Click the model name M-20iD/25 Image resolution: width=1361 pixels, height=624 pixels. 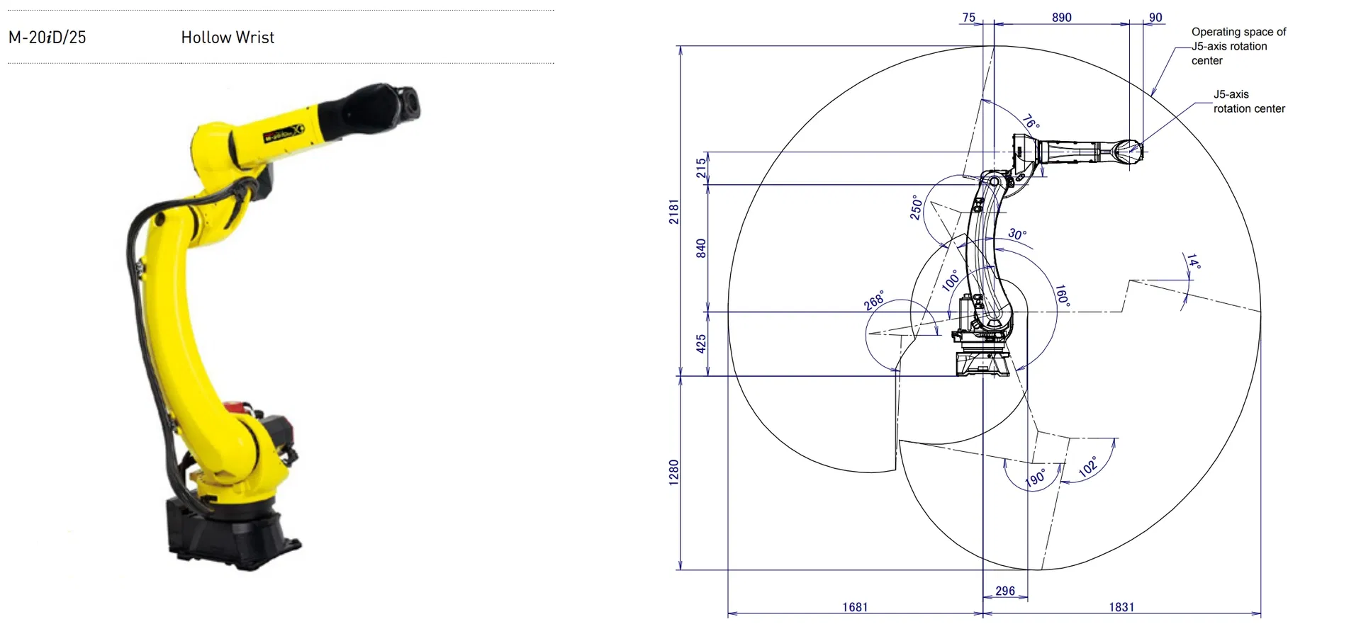(x=47, y=38)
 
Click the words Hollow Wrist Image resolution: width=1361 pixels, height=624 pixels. (x=228, y=38)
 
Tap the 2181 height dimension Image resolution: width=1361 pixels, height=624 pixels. (x=673, y=212)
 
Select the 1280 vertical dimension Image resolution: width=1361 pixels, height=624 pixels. (x=673, y=472)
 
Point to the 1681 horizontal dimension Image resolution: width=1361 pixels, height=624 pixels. (x=855, y=607)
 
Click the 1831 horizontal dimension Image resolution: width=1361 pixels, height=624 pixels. (x=1121, y=607)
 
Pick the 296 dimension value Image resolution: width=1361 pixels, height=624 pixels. (x=1005, y=591)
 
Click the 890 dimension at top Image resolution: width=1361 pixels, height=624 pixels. (x=1061, y=17)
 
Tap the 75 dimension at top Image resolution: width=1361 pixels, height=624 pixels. (x=969, y=17)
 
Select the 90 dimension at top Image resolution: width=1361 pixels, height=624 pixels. (x=1155, y=17)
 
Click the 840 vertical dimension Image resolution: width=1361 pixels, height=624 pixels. (x=701, y=249)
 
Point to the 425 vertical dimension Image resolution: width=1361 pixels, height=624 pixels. (x=701, y=344)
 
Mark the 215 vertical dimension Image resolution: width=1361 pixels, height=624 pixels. (x=701, y=168)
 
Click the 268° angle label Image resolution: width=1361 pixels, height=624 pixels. (x=874, y=300)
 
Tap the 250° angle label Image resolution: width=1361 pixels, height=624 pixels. (x=916, y=208)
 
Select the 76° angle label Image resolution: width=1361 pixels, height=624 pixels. (x=1031, y=122)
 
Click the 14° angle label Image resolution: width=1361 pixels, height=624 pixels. (x=1194, y=261)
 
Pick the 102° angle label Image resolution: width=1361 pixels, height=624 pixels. (x=1088, y=466)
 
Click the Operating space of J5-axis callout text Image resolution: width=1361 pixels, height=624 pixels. (x=1238, y=46)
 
